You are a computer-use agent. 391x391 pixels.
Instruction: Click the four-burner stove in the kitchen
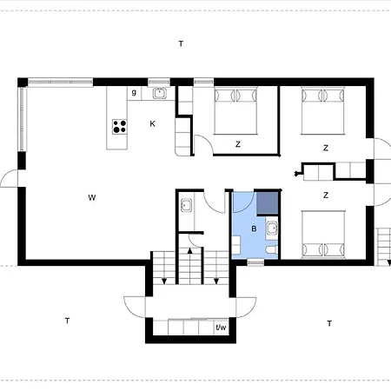click(120, 127)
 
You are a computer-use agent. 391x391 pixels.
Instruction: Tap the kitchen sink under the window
click(160, 93)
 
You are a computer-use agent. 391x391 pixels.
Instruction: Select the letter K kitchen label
click(153, 124)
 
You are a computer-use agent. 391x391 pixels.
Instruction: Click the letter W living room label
click(92, 197)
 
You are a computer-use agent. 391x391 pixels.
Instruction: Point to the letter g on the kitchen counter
click(134, 92)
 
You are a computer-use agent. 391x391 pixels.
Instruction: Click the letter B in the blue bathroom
click(254, 229)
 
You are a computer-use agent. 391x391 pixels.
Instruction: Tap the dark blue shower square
click(268, 203)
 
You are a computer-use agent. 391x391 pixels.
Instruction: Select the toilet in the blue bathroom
click(272, 249)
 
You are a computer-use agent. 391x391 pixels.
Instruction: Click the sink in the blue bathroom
click(272, 228)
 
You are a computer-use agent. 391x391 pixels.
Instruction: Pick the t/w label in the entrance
click(221, 328)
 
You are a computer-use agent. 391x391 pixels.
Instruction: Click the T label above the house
click(181, 43)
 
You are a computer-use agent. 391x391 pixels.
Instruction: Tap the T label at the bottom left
click(67, 321)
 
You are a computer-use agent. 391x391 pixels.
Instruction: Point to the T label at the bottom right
click(329, 323)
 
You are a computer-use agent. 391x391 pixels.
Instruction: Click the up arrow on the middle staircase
click(190, 251)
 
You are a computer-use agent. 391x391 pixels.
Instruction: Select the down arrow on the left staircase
click(164, 281)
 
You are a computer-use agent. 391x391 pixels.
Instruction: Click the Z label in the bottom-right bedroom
click(326, 195)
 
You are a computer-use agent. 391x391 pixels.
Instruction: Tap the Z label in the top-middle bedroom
click(238, 144)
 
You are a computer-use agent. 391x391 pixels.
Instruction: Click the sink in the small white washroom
click(186, 205)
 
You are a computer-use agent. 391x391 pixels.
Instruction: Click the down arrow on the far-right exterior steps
click(389, 263)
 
